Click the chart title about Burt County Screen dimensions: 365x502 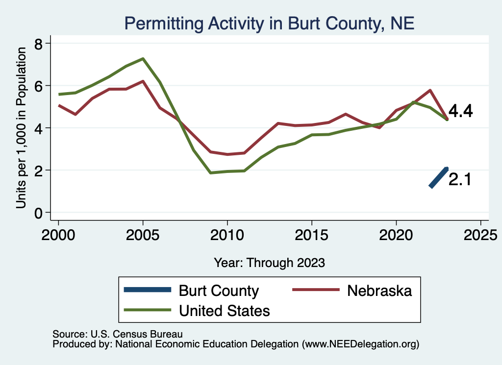[269, 24]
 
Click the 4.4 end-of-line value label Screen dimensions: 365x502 [460, 112]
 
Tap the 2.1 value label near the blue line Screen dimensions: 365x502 [460, 180]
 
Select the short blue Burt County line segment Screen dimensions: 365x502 [439, 177]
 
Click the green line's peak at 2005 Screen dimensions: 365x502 [143, 59]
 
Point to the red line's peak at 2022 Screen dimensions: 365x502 [430, 90]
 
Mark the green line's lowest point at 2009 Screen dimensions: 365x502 [210, 173]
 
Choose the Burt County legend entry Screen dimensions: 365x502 [218, 291]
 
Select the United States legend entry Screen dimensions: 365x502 [224, 310]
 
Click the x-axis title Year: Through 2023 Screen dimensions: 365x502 [269, 263]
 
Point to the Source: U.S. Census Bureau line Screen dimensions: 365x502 [117, 334]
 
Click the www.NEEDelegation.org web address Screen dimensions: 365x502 [361, 344]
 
